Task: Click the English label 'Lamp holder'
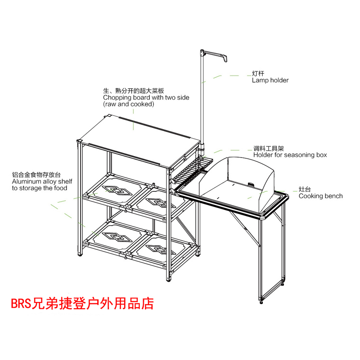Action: pyautogui.click(x=270, y=81)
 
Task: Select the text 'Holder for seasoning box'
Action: pyautogui.click(x=290, y=155)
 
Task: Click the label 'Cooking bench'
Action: pyautogui.click(x=320, y=196)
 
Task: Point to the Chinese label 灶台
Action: pyautogui.click(x=304, y=189)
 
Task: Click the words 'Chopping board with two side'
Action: pyautogui.click(x=146, y=97)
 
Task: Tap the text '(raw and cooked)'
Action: pyautogui.click(x=129, y=104)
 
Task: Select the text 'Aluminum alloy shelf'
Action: pyautogui.click(x=42, y=181)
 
